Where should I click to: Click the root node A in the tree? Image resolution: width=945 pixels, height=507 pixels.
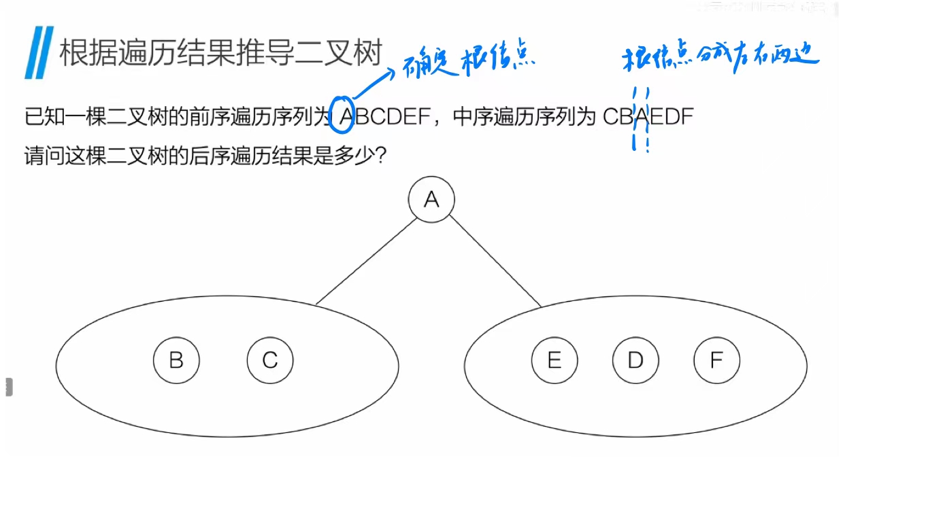tap(431, 200)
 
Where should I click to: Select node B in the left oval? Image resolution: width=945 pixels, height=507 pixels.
tap(176, 360)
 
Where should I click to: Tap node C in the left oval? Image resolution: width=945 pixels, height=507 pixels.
tap(270, 360)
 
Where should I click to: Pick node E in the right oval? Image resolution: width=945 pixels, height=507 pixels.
tap(554, 360)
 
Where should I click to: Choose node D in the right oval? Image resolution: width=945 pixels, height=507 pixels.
tap(635, 360)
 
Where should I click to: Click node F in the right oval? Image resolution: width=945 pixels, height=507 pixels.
tap(716, 360)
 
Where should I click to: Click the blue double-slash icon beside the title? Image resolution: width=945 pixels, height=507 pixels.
tap(39, 52)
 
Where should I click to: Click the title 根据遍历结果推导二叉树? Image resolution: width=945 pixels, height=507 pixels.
tap(221, 53)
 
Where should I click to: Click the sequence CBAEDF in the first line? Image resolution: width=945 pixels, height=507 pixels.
tap(648, 118)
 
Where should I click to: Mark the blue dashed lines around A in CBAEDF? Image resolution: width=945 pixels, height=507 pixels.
tap(640, 119)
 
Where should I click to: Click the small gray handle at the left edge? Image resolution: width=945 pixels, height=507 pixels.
tap(9, 387)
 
